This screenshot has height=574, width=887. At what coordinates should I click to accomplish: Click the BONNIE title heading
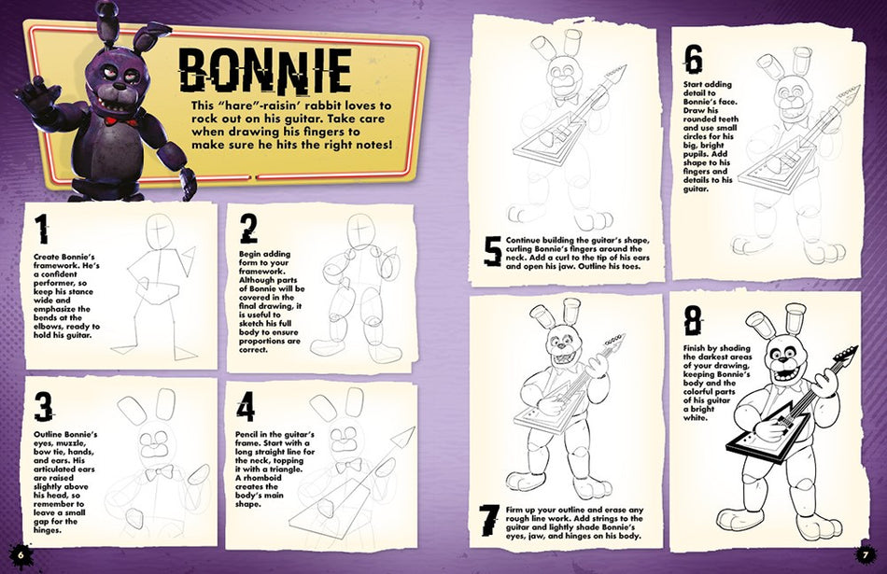pos(264,68)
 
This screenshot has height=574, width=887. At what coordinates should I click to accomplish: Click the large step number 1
pos(40,231)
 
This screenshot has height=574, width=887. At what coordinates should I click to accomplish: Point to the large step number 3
pos(43,407)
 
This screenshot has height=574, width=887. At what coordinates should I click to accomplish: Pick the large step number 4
pos(246,407)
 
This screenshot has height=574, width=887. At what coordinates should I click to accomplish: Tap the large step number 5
pos(493,252)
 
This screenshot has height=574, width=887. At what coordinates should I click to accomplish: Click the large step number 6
pos(692,59)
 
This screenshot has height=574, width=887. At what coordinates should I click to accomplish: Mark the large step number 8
pos(692,322)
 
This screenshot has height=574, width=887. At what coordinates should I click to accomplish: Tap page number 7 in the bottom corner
pos(866,556)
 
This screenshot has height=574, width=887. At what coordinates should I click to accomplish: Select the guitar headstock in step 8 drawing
pos(844,357)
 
